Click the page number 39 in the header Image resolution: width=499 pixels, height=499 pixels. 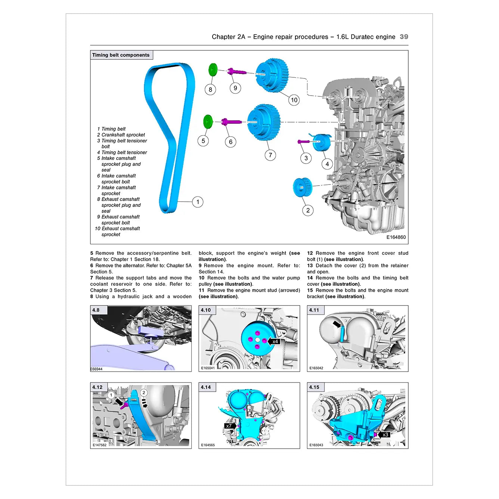click(x=404, y=37)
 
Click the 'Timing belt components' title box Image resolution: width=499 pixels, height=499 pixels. click(x=121, y=55)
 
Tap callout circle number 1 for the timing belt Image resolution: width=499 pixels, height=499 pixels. click(x=198, y=202)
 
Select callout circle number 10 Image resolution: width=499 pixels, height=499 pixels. click(x=294, y=100)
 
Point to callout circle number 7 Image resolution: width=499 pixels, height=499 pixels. click(x=270, y=155)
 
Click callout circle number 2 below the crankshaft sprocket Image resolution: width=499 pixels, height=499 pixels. click(x=308, y=210)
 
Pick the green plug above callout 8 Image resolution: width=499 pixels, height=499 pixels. click(x=213, y=69)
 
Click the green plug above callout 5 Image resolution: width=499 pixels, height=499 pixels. click(x=208, y=122)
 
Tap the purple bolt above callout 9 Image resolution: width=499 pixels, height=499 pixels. click(x=236, y=71)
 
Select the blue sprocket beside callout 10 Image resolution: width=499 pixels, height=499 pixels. click(x=272, y=75)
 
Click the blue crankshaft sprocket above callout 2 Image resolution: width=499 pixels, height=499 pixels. click(x=302, y=187)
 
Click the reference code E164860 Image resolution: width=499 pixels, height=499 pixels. click(x=396, y=237)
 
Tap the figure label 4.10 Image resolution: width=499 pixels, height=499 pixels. click(x=206, y=310)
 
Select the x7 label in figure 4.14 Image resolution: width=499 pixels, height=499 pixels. click(x=229, y=426)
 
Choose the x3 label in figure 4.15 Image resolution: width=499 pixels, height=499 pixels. click(x=385, y=435)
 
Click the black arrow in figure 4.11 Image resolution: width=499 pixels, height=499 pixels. click(x=337, y=324)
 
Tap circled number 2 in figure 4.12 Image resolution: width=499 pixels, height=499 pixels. click(x=144, y=393)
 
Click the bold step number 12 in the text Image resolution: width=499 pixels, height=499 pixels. click(x=310, y=253)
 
